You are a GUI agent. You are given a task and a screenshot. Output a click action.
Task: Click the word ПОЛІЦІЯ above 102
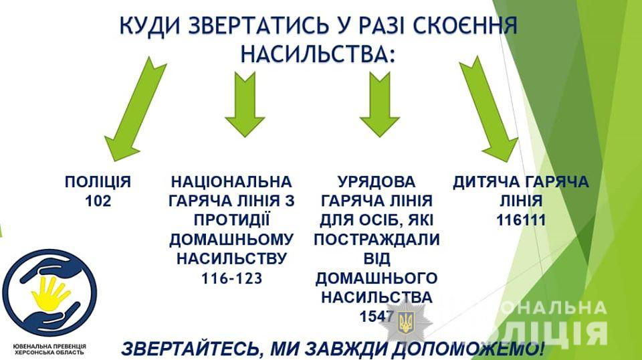[98, 182]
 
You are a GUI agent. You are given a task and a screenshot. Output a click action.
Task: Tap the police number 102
[98, 201]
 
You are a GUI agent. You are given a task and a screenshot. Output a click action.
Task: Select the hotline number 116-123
[232, 278]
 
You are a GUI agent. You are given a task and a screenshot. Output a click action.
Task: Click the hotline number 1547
[377, 317]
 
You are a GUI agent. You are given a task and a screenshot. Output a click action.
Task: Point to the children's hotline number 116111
[521, 220]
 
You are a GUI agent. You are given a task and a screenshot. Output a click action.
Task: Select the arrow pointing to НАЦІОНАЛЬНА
[245, 105]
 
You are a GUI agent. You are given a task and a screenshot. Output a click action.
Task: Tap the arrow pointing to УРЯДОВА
[380, 105]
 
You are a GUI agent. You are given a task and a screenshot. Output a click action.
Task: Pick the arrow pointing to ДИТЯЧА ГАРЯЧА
[488, 109]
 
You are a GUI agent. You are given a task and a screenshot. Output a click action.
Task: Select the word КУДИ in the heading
[150, 25]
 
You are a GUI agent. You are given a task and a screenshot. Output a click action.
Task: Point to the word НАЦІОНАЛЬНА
[232, 182]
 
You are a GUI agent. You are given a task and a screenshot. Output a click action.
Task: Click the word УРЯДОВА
[377, 182]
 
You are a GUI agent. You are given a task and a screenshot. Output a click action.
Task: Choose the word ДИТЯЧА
[485, 182]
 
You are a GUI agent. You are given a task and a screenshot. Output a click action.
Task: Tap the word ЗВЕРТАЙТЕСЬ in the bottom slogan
[190, 349]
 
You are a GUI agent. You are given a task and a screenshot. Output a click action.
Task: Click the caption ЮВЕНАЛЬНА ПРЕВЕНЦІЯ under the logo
[49, 347]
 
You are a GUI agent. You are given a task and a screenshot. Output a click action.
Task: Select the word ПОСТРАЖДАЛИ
[377, 240]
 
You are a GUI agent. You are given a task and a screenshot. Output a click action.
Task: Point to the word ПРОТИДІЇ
[232, 219]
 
